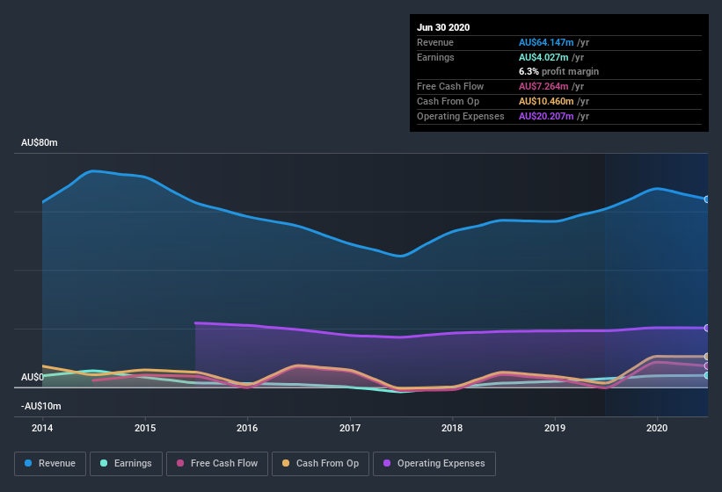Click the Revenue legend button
coord(50,463)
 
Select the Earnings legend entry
coord(125,463)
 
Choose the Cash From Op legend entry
coord(321,463)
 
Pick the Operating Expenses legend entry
coord(434,463)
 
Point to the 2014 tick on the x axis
coord(42,428)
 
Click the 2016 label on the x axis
coord(247,428)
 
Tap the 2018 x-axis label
coord(452,428)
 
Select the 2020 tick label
coord(657,428)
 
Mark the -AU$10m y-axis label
coord(41,406)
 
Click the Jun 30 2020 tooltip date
coord(443,27)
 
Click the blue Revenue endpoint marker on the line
coord(707,199)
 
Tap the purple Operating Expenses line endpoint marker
coord(707,328)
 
